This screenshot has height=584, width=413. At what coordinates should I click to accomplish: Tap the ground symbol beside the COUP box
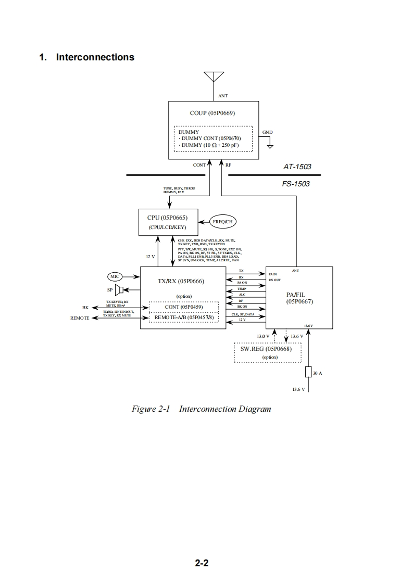click(x=270, y=146)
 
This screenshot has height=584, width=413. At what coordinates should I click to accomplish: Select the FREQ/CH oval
click(x=222, y=221)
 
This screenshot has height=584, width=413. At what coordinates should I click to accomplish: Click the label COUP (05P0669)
click(x=214, y=113)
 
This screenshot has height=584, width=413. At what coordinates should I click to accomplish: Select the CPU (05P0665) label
click(x=167, y=217)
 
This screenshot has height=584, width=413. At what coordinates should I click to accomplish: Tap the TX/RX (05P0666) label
click(x=181, y=281)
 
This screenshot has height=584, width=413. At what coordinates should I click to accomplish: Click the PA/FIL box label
click(x=299, y=298)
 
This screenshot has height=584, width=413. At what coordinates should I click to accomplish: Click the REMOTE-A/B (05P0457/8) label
click(x=184, y=317)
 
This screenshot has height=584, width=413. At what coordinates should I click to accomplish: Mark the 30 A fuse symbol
click(x=308, y=372)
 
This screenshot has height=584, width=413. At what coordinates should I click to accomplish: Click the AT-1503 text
click(x=297, y=167)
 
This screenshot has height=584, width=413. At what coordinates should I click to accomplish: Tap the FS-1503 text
click(x=296, y=184)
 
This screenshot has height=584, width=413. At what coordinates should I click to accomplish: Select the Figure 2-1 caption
click(x=202, y=409)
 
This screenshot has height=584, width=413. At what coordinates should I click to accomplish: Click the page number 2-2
click(x=202, y=563)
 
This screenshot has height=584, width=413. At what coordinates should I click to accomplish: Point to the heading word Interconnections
click(x=95, y=57)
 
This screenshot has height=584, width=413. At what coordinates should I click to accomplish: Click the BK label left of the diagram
click(x=85, y=307)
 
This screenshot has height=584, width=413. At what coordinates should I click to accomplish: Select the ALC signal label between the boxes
click(x=241, y=295)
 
